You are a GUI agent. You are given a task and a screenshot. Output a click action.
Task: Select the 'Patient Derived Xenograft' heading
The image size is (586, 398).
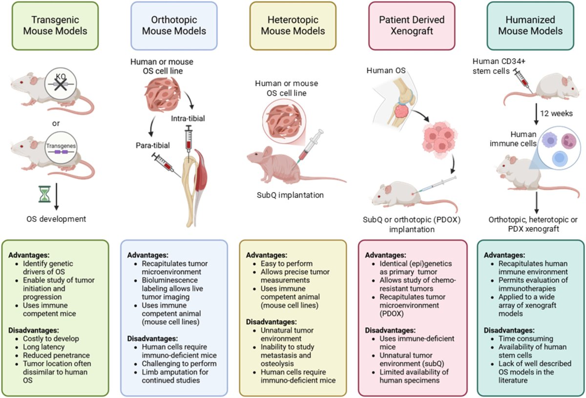click(x=411, y=25)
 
